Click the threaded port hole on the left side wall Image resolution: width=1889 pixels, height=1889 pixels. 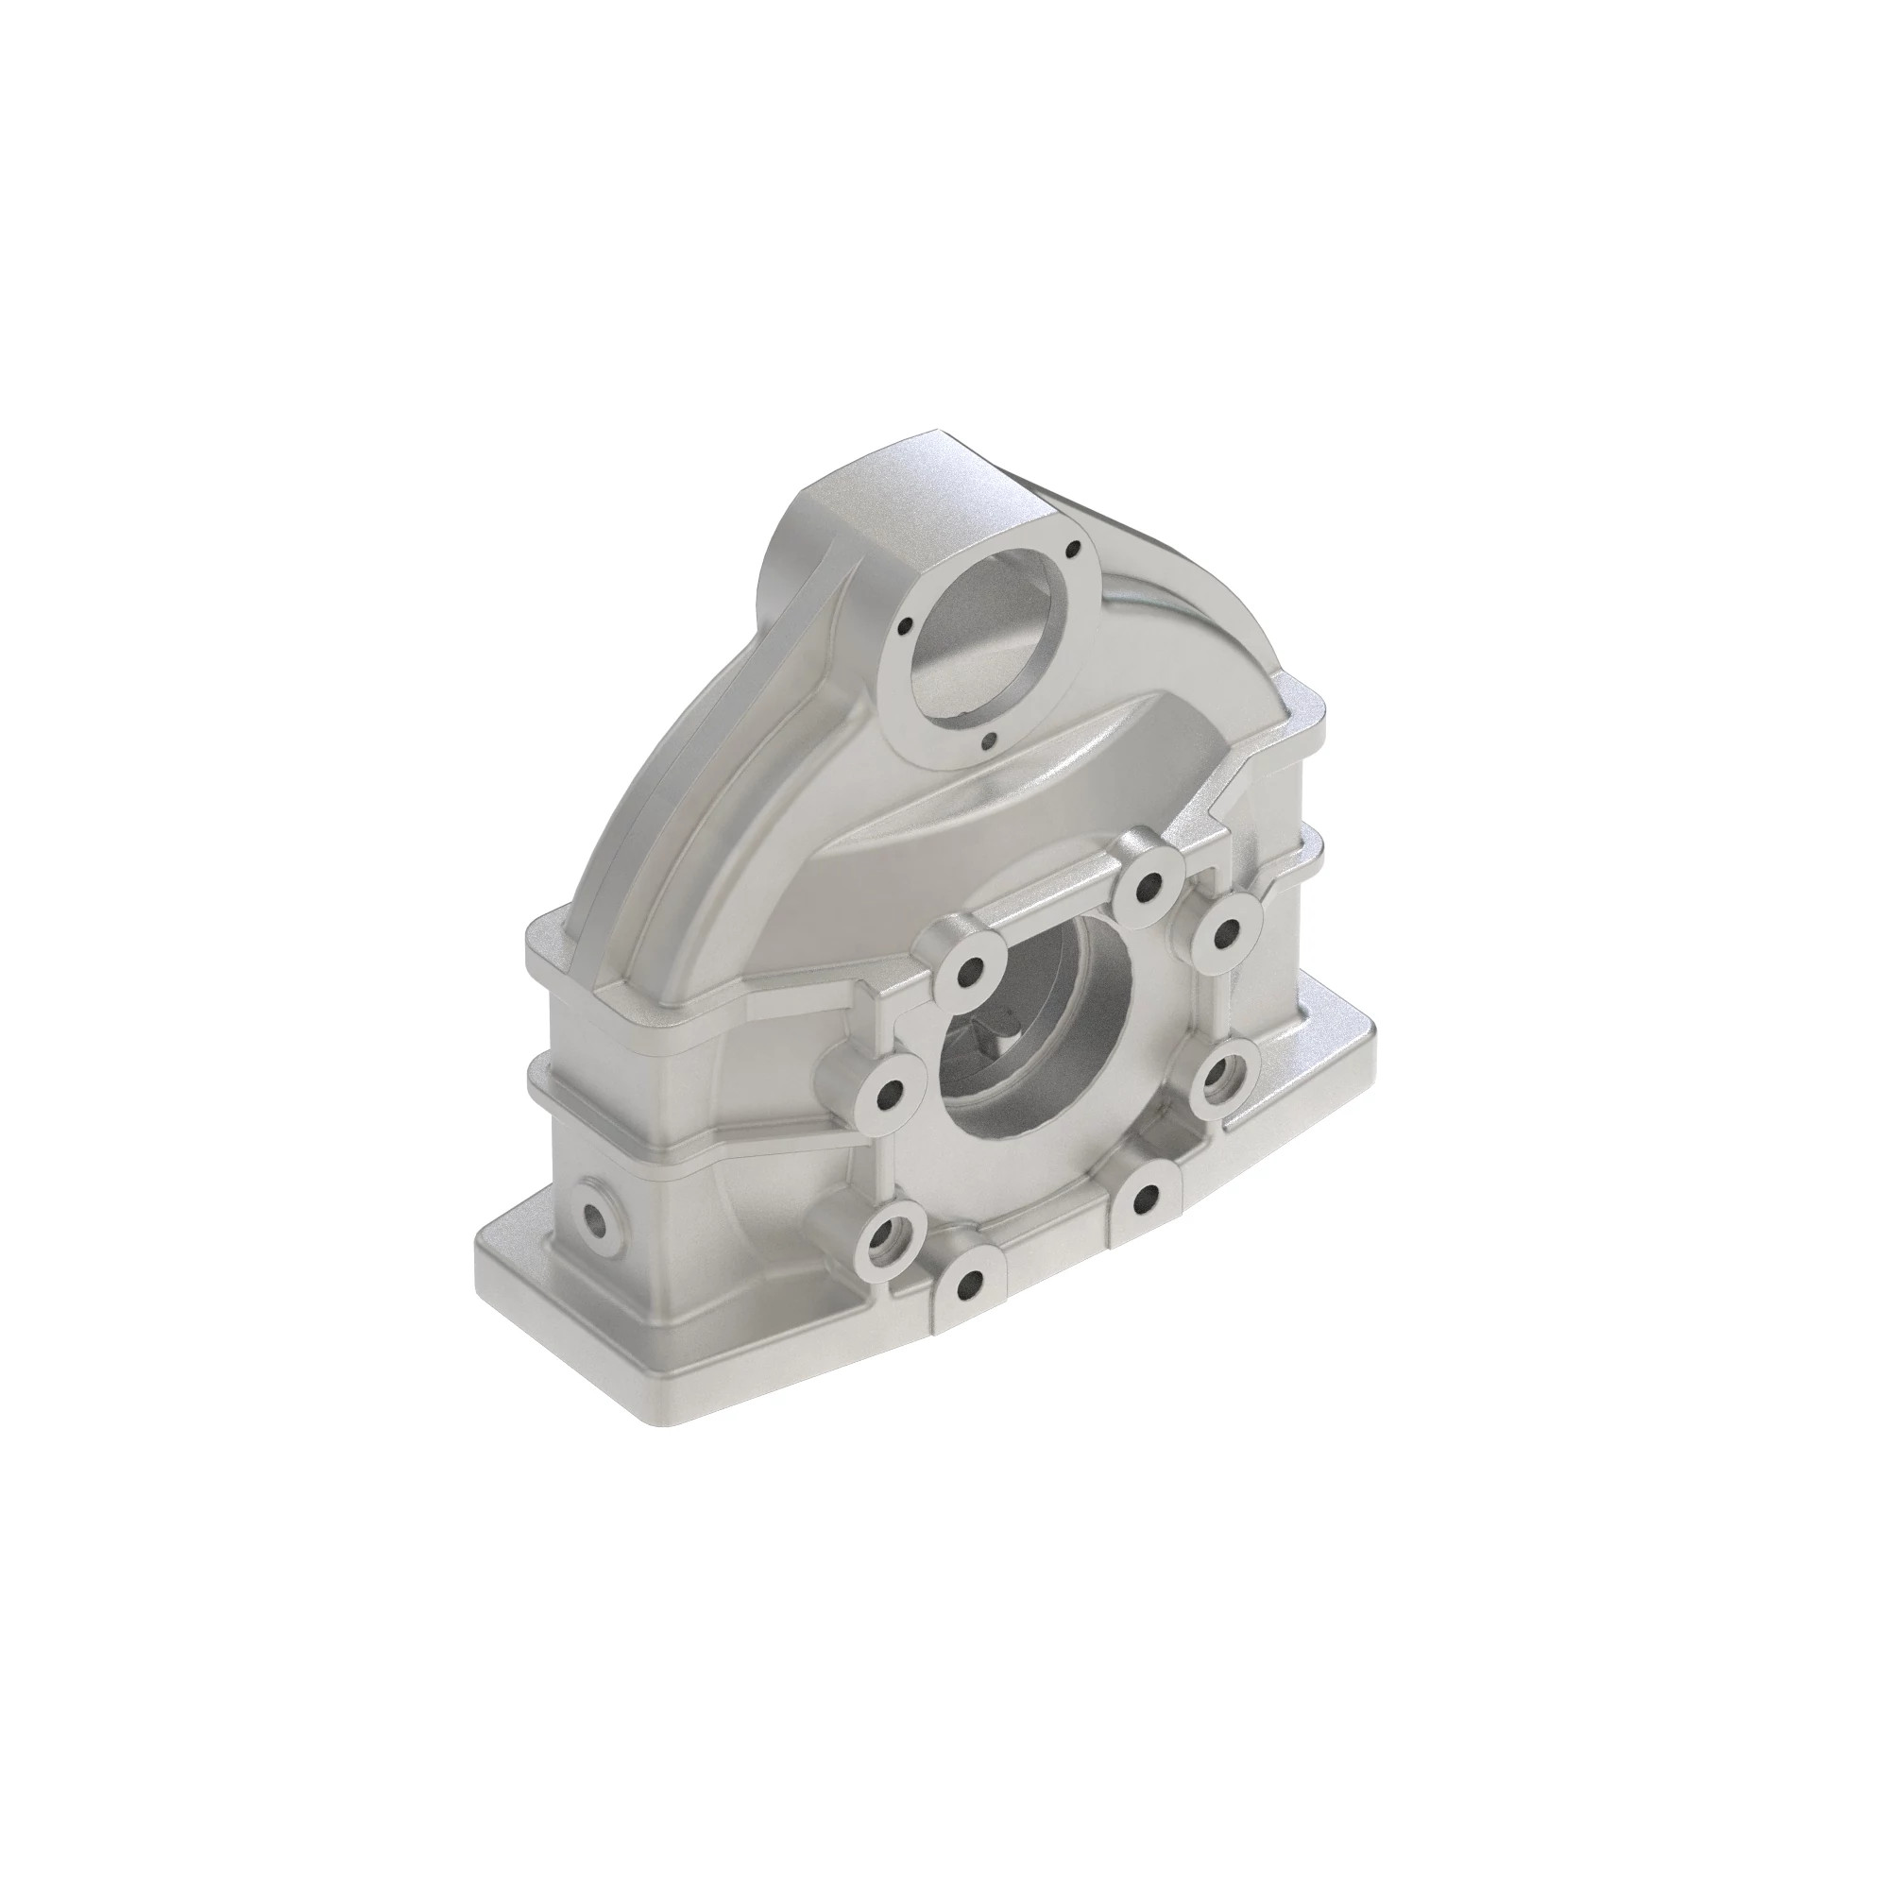(x=592, y=1219)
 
